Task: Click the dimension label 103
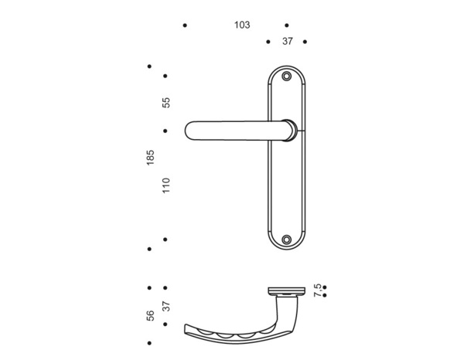[242, 25]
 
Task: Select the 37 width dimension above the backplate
[287, 42]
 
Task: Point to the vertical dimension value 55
[165, 102]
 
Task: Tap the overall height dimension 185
[150, 158]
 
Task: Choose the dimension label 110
[165, 185]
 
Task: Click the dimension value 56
[150, 314]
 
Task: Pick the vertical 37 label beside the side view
[165, 307]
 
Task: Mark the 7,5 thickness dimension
[317, 290]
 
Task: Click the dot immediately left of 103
[185, 25]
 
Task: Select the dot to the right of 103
[287, 25]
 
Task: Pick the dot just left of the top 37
[268, 42]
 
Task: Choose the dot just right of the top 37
[305, 42]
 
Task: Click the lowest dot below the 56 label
[150, 342]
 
